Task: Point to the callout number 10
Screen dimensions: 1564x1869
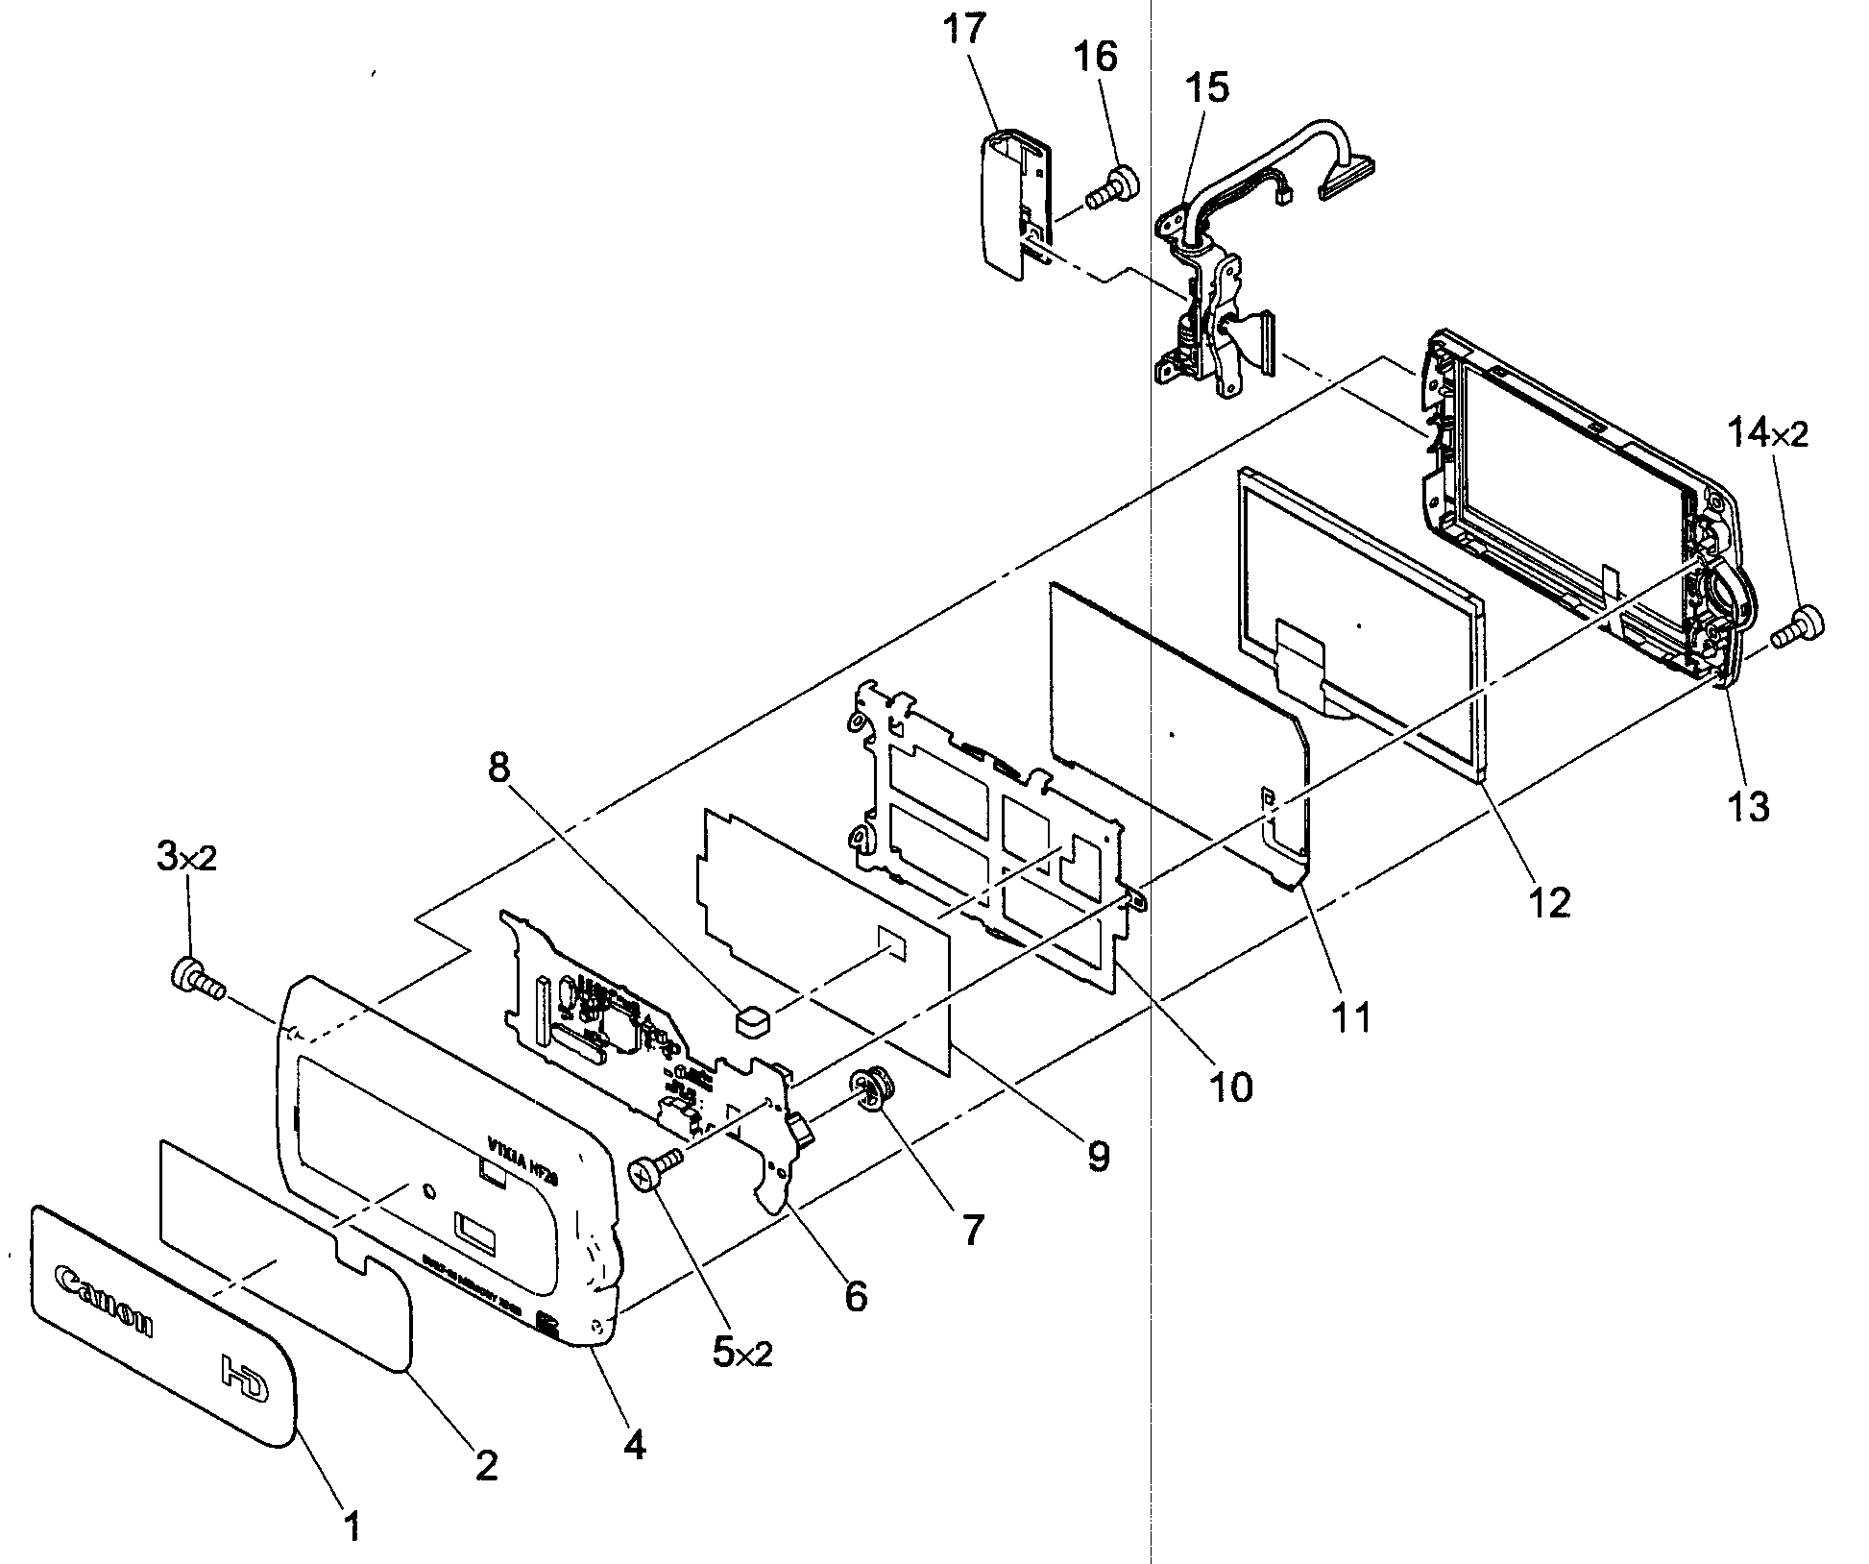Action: [1230, 1086]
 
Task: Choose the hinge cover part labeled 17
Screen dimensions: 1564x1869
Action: [1007, 202]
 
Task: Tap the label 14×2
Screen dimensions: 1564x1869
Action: [1768, 435]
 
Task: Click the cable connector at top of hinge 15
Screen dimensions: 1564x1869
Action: [1348, 181]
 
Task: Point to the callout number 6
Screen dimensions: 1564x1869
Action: [855, 1296]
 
